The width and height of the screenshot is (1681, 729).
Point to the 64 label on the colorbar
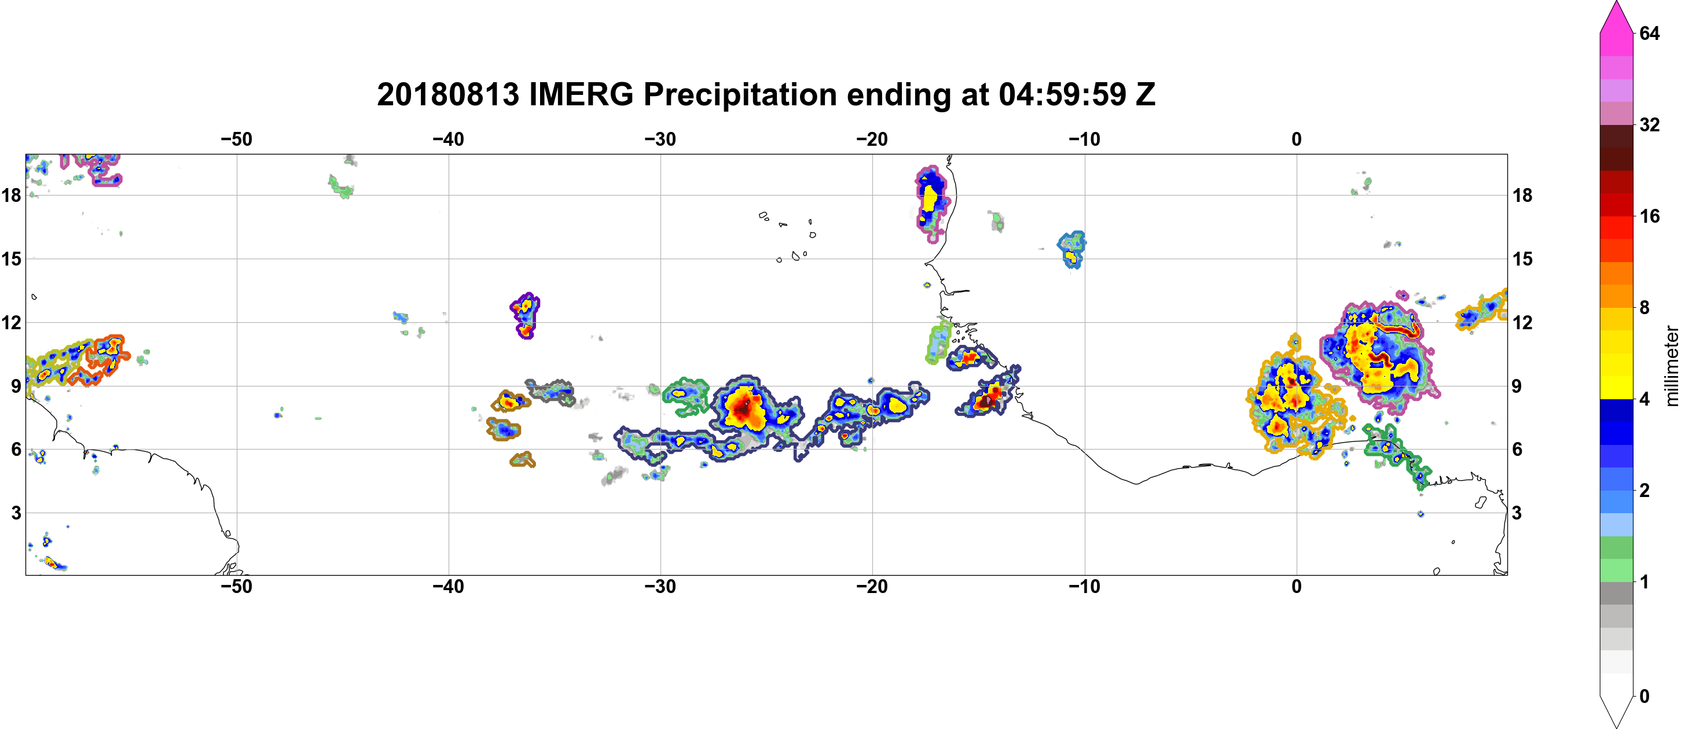pos(1649,33)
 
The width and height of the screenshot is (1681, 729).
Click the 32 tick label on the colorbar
pos(1649,124)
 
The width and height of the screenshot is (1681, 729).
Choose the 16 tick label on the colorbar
pos(1649,216)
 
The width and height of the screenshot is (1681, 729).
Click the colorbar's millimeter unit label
pos(1671,366)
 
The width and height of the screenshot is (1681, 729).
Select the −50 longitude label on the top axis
pos(236,139)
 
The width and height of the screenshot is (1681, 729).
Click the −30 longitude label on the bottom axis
pos(660,587)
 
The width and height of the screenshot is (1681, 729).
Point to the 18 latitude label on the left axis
pos(11,195)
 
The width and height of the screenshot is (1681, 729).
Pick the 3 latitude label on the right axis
pos(1517,513)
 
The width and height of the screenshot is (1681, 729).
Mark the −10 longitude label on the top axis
pos(1085,139)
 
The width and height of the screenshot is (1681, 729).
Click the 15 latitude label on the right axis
pos(1522,259)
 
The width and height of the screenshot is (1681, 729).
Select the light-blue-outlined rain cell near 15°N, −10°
pos(1071,250)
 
